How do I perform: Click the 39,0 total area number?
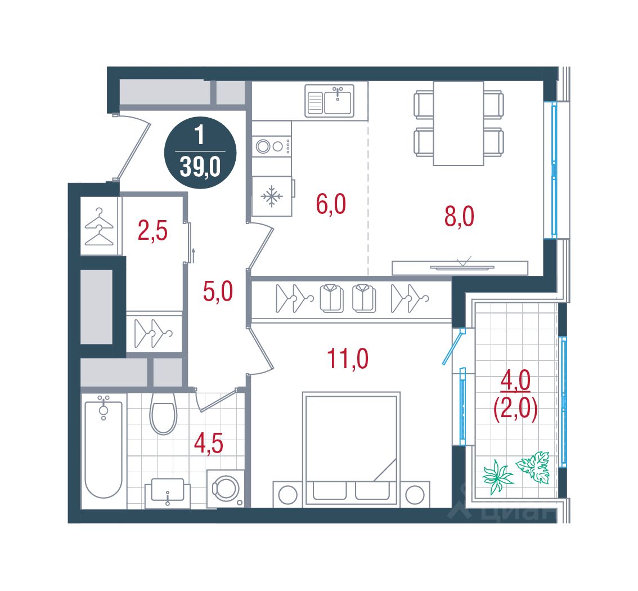(200, 167)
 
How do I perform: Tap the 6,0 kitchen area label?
(331, 204)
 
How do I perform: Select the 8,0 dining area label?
(459, 216)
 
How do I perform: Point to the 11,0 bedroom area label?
(348, 359)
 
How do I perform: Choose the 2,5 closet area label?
(152, 231)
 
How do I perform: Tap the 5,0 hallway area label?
(218, 292)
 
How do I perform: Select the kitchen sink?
(330, 101)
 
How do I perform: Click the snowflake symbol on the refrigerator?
(271, 196)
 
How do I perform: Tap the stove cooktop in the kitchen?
(271, 146)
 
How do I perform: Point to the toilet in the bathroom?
(163, 413)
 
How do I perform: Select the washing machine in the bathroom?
(226, 489)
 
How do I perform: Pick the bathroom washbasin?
(168, 492)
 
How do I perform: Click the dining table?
(459, 123)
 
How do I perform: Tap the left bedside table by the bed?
(287, 495)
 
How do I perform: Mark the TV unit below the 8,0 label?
(460, 268)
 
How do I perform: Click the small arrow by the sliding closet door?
(194, 255)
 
